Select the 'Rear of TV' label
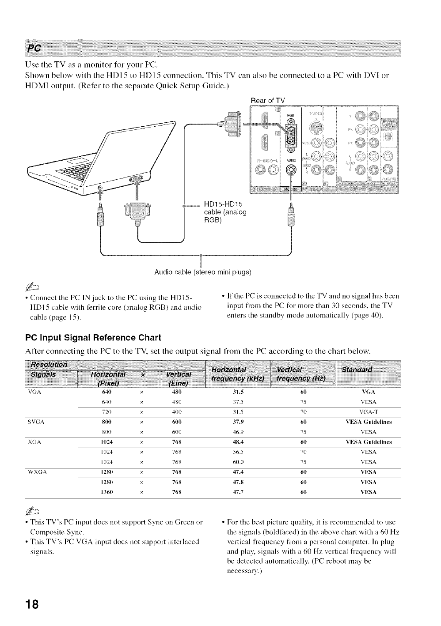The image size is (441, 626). (268, 100)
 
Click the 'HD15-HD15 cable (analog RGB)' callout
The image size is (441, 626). (224, 212)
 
